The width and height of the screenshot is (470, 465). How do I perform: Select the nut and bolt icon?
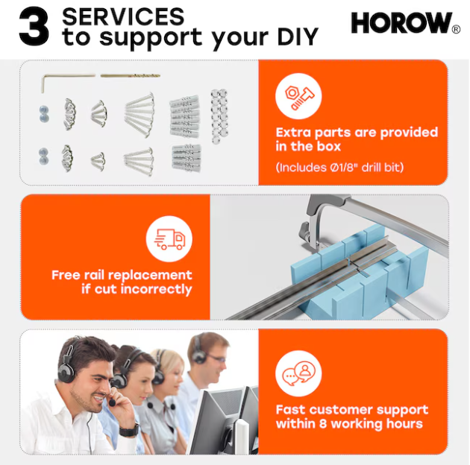(x=298, y=96)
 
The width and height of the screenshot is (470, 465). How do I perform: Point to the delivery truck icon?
(x=169, y=239)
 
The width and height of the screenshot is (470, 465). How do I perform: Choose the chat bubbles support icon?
(x=298, y=373)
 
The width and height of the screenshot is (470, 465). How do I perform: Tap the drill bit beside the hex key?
(x=130, y=76)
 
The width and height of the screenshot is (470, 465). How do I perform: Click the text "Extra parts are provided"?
(x=357, y=133)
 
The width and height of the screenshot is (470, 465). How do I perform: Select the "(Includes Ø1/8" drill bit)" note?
(x=339, y=168)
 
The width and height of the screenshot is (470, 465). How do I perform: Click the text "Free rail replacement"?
(x=122, y=275)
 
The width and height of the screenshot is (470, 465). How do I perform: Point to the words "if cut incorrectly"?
(x=137, y=289)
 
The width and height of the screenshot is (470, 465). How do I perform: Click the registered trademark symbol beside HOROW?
(x=456, y=29)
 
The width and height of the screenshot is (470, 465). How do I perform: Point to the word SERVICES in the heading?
(x=123, y=16)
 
